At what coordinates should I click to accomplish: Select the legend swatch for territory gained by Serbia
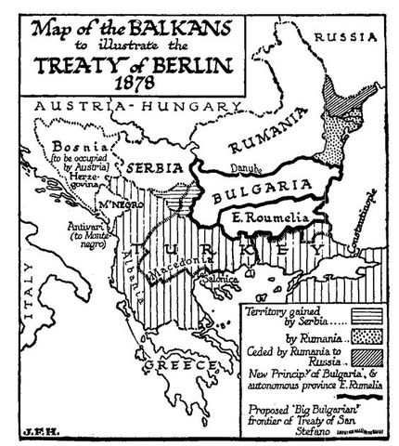357,315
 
